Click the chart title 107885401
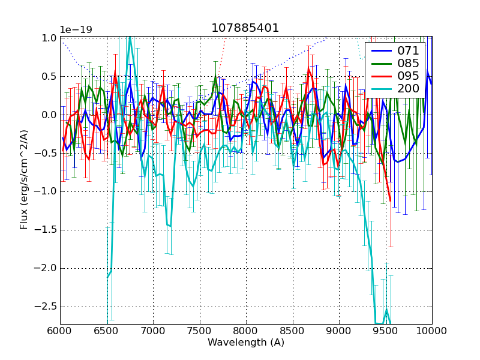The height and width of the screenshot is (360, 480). click(245, 28)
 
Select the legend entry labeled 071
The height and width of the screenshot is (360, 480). click(408, 50)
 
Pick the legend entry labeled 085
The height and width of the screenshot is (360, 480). click(408, 63)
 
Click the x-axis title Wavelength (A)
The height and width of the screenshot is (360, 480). click(246, 343)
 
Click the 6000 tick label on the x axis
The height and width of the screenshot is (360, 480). click(60, 331)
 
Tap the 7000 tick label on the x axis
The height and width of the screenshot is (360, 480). click(153, 331)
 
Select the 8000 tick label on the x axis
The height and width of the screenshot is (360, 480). click(246, 331)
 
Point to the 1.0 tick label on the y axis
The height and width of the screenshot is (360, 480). click(50, 38)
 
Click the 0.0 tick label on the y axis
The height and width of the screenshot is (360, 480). click(50, 115)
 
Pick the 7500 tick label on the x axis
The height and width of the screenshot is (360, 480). click(200, 331)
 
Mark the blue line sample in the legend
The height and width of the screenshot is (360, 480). click(380, 50)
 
